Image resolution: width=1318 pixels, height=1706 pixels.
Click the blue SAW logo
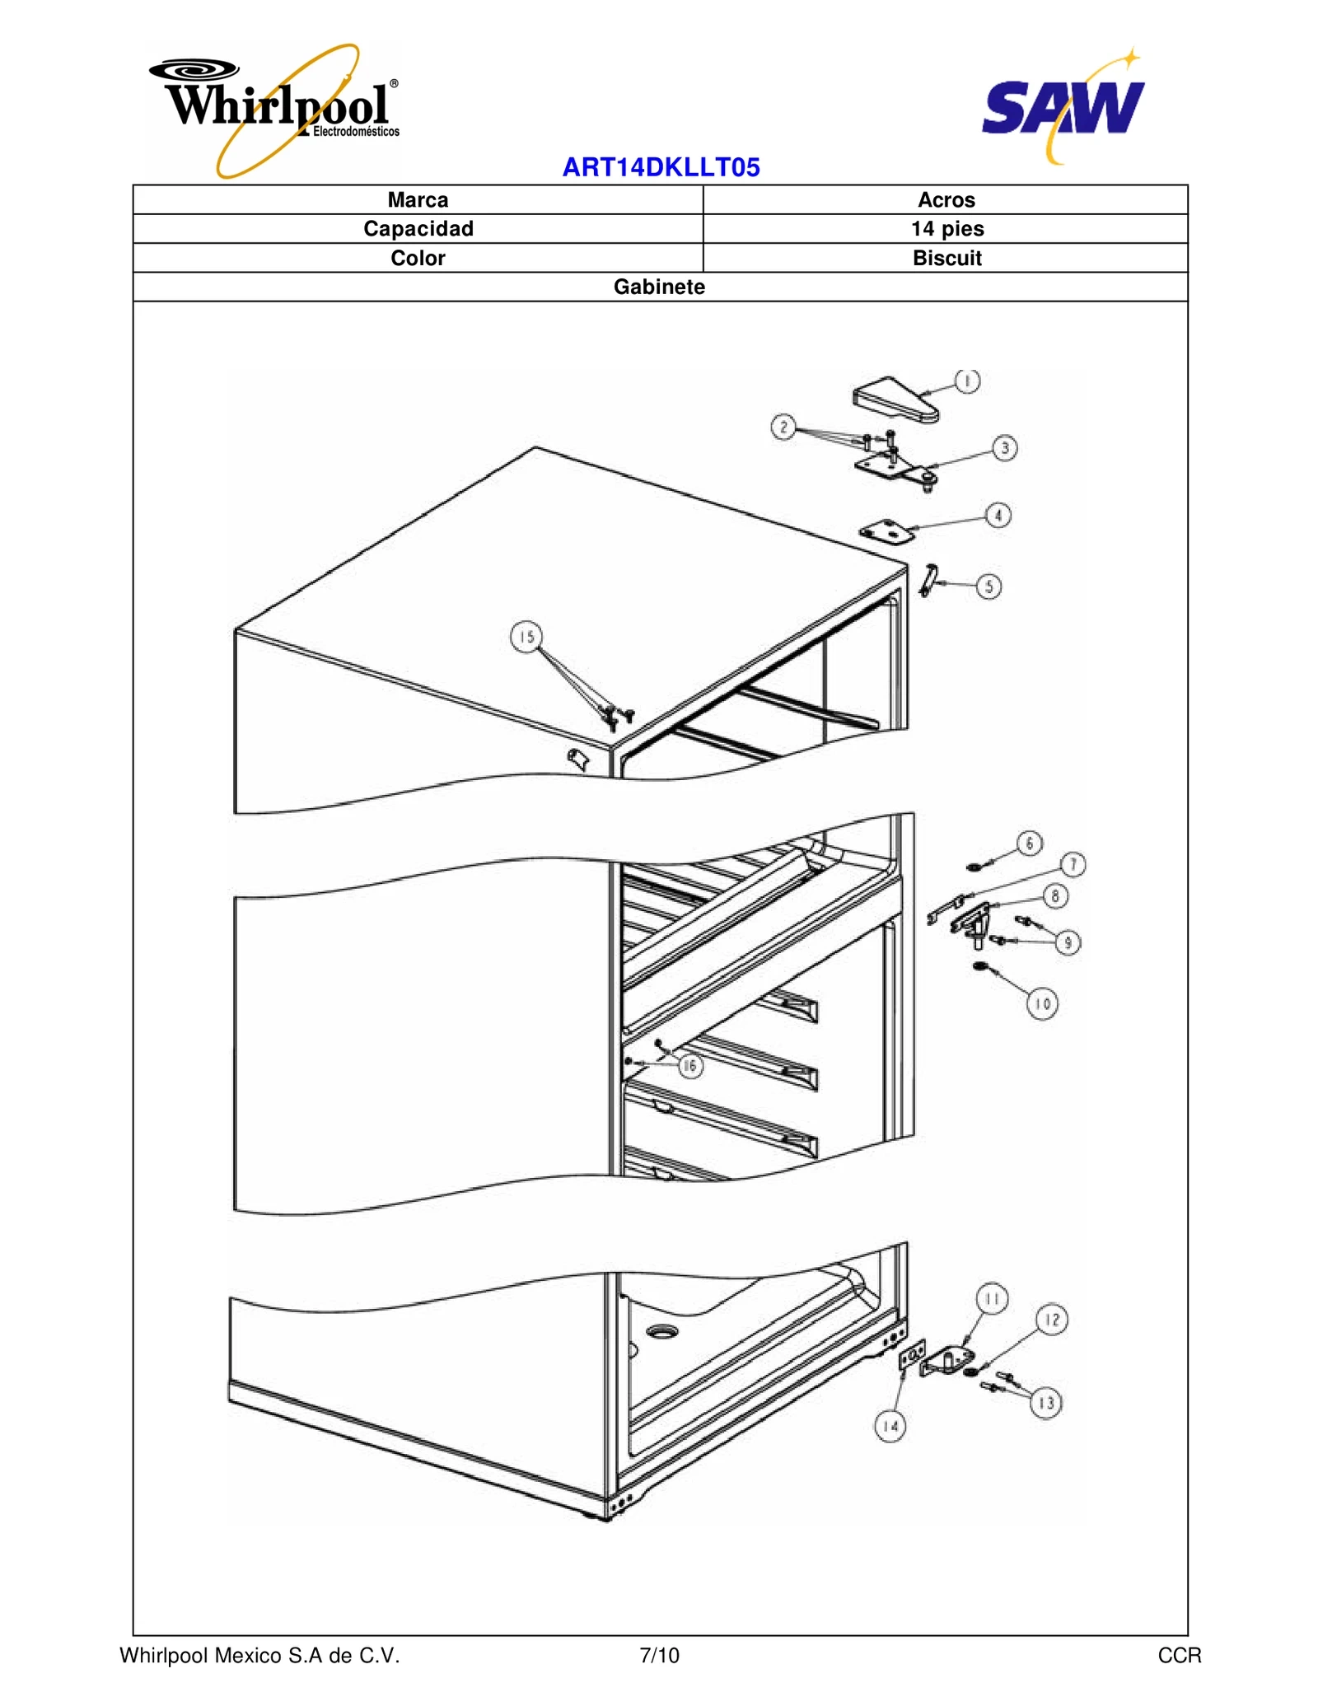1063,107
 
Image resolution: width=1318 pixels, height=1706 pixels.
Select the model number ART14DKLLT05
661,167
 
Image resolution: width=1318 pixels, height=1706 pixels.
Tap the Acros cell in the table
946,200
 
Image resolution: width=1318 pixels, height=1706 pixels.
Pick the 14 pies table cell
946,229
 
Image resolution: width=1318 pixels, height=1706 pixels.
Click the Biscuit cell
946,258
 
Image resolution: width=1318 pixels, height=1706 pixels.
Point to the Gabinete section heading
659,287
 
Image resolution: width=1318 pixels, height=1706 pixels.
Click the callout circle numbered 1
967,381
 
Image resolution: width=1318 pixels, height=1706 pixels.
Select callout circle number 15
526,637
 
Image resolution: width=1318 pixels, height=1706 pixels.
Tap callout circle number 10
1042,1003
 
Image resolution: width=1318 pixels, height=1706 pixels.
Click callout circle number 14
890,1426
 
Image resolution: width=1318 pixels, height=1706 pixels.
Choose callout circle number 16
690,1066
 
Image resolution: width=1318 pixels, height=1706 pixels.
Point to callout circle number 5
988,587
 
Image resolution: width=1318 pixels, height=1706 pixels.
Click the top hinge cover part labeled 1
894,400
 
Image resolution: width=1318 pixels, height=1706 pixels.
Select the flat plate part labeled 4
886,531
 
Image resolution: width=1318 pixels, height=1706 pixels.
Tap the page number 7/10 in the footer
659,1656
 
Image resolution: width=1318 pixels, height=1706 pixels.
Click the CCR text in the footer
1179,1656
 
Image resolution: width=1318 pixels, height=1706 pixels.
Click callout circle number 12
1052,1319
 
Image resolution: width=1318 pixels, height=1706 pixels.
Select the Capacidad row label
418,229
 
